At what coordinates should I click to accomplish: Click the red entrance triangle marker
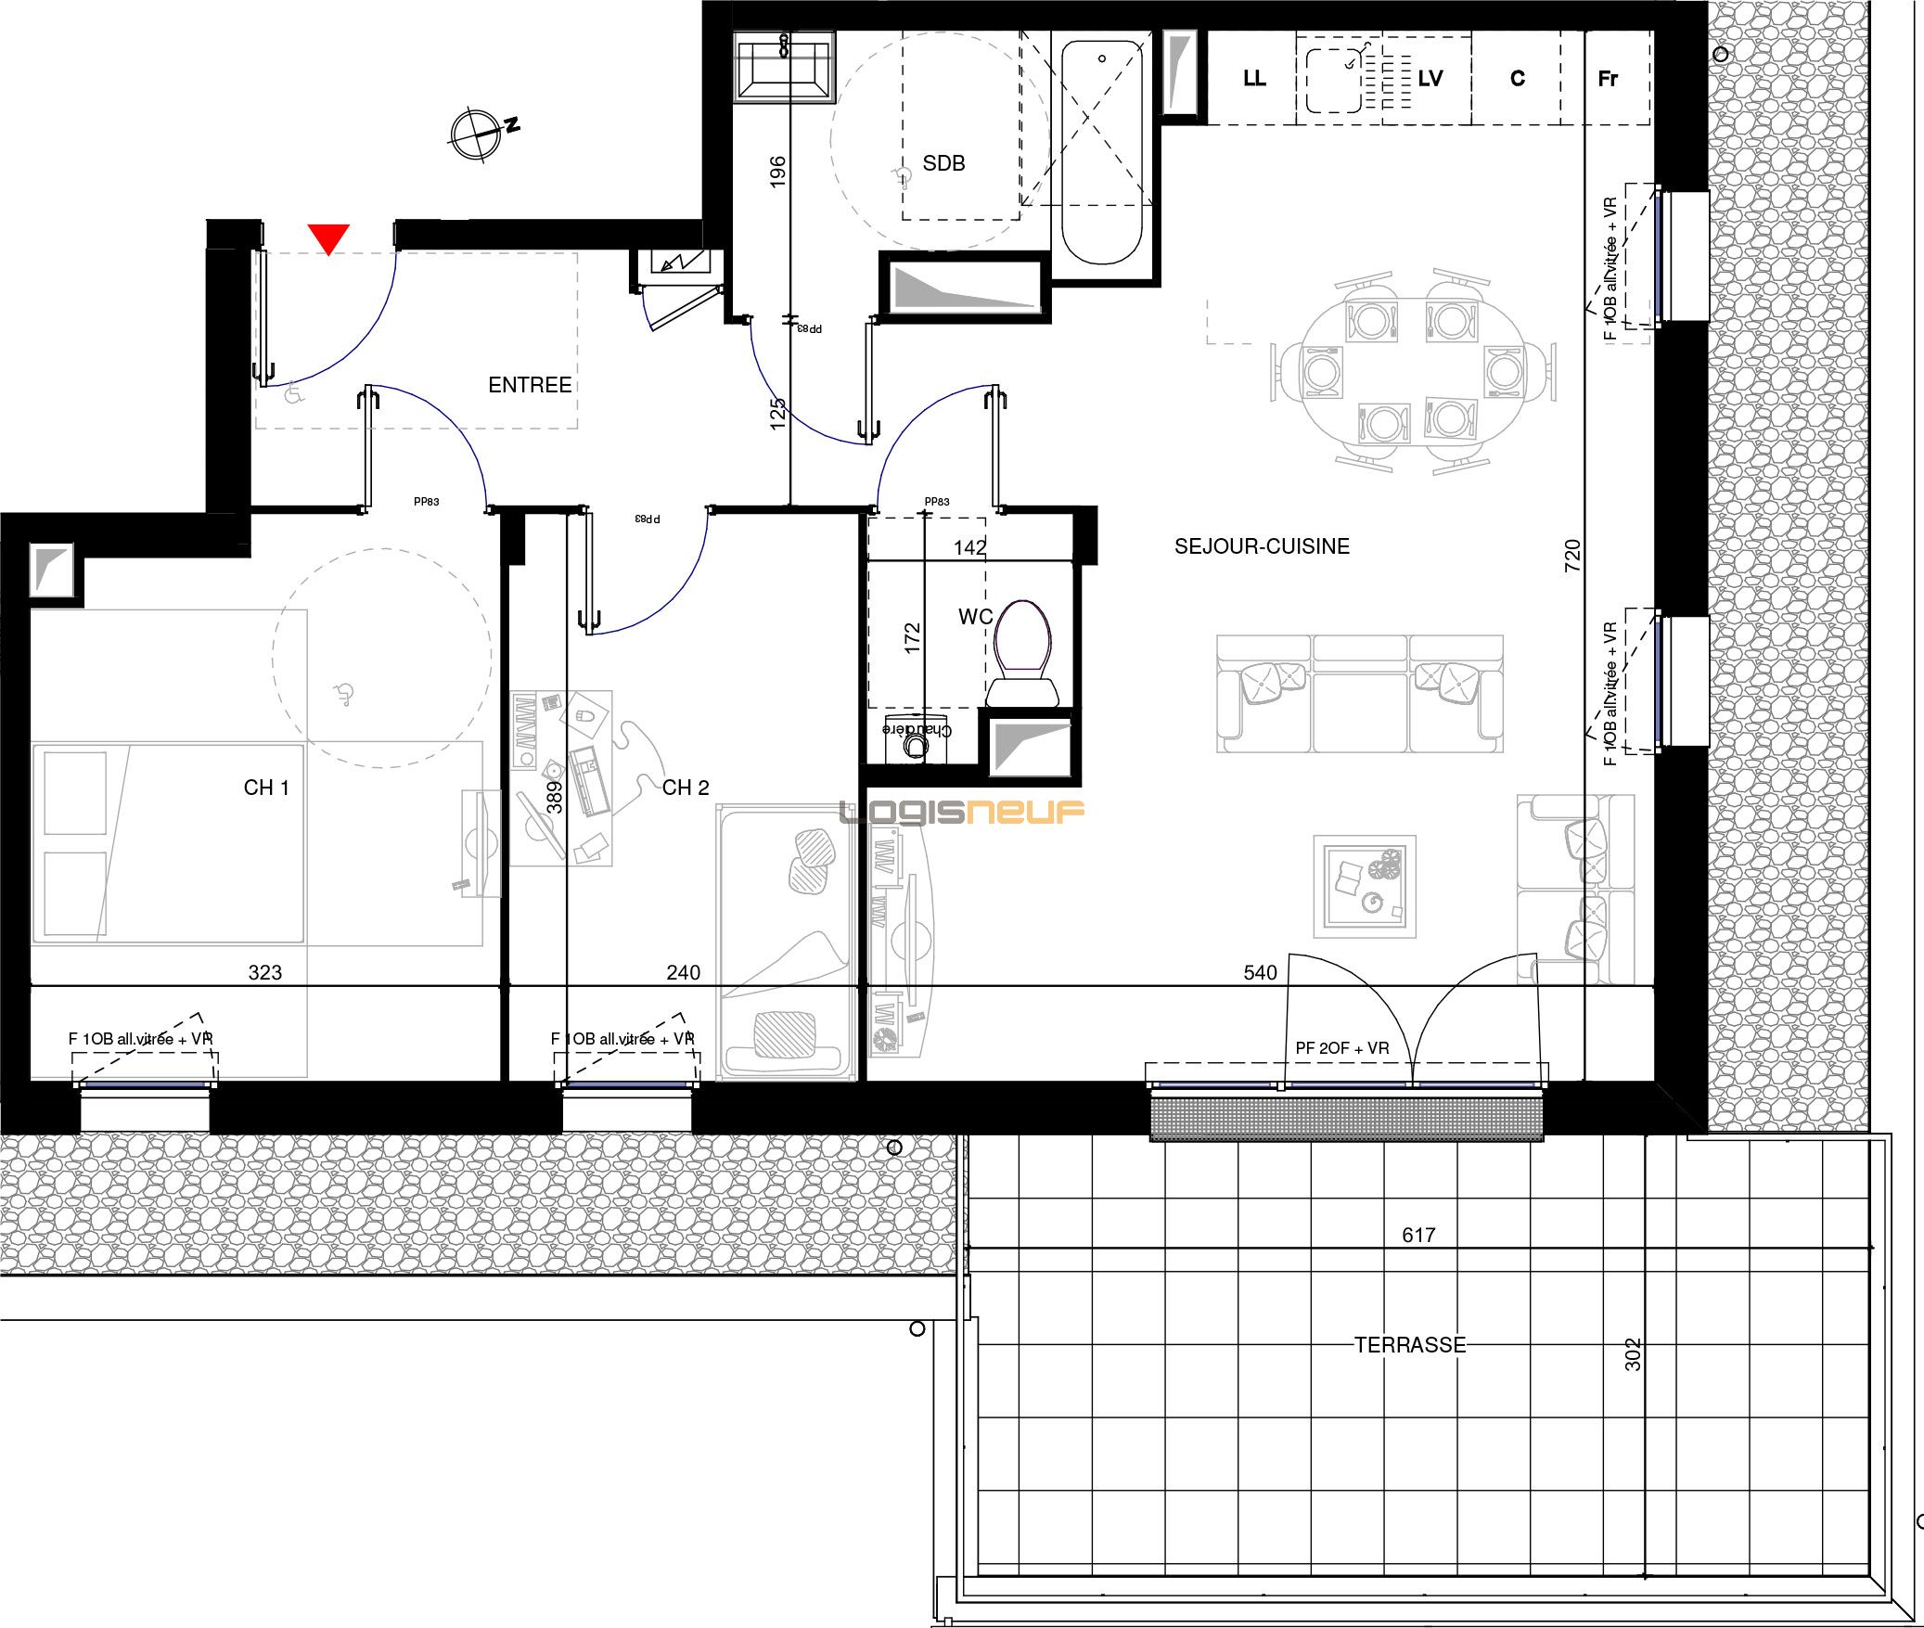tap(328, 237)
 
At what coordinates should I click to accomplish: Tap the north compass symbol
tap(477, 135)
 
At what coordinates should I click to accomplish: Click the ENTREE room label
tap(530, 385)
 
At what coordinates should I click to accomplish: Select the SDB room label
tap(943, 163)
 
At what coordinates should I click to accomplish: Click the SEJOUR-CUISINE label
tap(1262, 546)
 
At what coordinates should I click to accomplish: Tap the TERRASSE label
tap(1410, 1345)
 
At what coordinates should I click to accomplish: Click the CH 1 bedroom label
tap(266, 788)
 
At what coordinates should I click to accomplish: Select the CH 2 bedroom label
tap(686, 788)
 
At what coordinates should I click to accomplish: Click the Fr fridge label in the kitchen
tap(1608, 79)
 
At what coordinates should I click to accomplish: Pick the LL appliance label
tap(1254, 79)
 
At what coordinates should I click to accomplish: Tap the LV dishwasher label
tap(1430, 79)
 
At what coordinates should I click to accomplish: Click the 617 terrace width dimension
tap(1418, 1235)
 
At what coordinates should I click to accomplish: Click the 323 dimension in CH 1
tap(264, 972)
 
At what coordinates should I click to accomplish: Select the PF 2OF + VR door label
tap(1342, 1048)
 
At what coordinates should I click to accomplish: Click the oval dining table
tap(1410, 371)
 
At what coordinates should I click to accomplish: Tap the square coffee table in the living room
tap(1364, 886)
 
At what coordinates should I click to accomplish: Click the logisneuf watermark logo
tap(962, 814)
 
